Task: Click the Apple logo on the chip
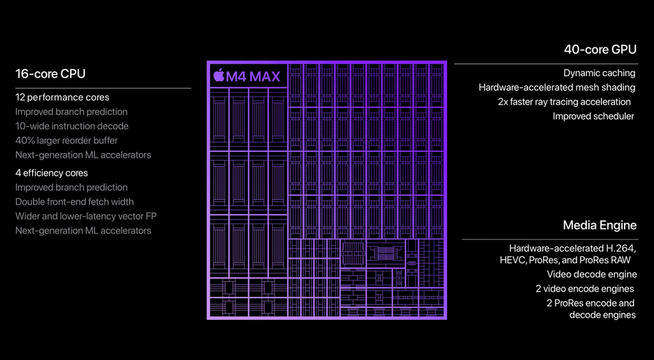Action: tap(219, 76)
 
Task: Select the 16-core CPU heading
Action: tap(50, 73)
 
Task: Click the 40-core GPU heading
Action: tap(600, 49)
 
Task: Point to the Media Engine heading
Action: tap(600, 225)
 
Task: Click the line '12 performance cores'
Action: tap(62, 98)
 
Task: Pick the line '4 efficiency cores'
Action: tap(52, 173)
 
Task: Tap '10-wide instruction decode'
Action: tap(72, 126)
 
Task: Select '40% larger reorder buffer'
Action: tap(66, 140)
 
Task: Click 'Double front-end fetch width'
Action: tap(75, 202)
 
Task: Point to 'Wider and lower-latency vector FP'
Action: tap(86, 216)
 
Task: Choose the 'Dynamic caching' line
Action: tap(599, 73)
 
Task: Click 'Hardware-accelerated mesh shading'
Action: tap(557, 87)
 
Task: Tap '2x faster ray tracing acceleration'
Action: tap(565, 102)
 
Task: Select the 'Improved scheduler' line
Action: tap(593, 116)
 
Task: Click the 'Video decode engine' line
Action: tap(591, 274)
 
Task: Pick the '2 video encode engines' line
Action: tap(585, 289)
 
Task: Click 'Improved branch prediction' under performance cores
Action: tap(72, 112)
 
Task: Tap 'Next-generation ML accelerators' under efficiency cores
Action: tap(83, 230)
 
